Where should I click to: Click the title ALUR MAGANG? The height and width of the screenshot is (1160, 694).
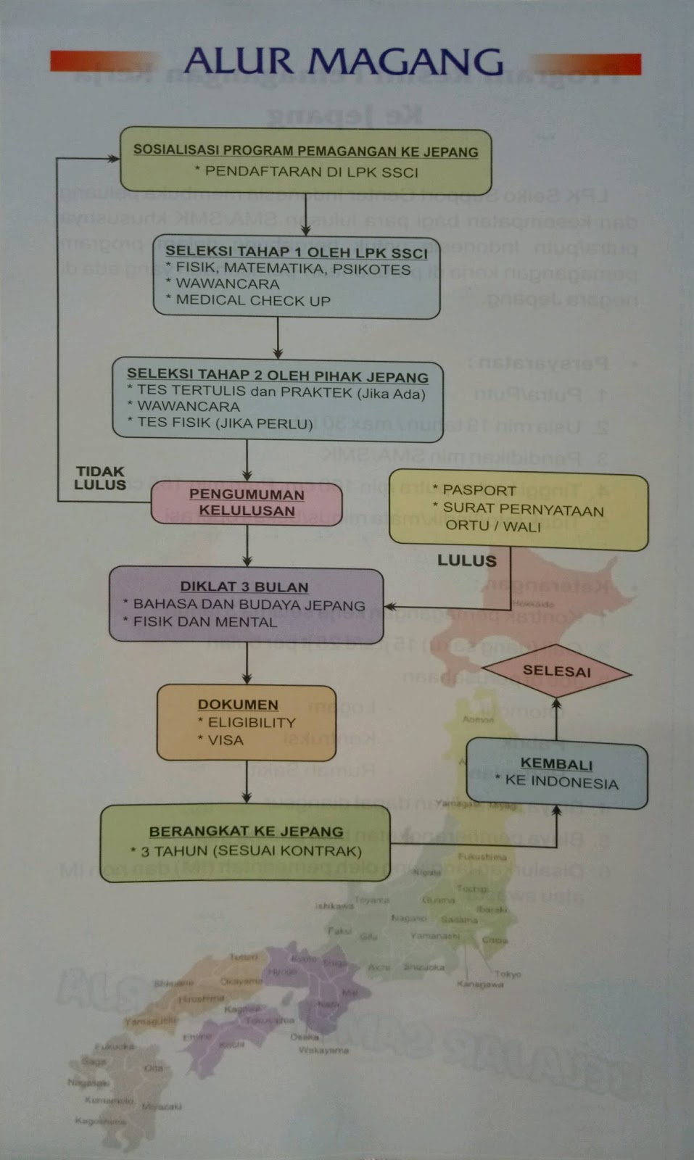pyautogui.click(x=343, y=62)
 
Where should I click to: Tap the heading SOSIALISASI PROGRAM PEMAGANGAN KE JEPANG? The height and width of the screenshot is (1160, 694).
pyautogui.click(x=305, y=152)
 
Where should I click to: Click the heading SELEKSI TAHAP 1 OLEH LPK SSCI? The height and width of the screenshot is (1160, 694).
pyautogui.click(x=297, y=252)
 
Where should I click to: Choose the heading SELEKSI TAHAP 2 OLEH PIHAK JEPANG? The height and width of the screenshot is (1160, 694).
pyautogui.click(x=278, y=376)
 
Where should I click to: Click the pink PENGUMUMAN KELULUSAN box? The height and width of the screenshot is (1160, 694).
pyautogui.click(x=247, y=502)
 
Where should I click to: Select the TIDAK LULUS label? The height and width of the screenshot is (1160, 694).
pyautogui.click(x=100, y=478)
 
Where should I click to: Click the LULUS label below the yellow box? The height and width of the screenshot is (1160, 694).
pyautogui.click(x=467, y=560)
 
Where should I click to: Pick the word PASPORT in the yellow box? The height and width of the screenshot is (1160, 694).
pyautogui.click(x=479, y=490)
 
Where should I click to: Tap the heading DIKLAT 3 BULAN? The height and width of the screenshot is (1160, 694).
pyautogui.click(x=244, y=587)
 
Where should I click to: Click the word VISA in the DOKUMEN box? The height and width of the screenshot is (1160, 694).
pyautogui.click(x=226, y=740)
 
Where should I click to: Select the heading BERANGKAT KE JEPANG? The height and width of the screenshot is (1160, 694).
pyautogui.click(x=246, y=832)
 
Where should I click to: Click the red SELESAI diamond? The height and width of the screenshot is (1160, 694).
pyautogui.click(x=556, y=671)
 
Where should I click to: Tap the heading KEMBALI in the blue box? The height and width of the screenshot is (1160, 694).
pyautogui.click(x=556, y=764)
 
